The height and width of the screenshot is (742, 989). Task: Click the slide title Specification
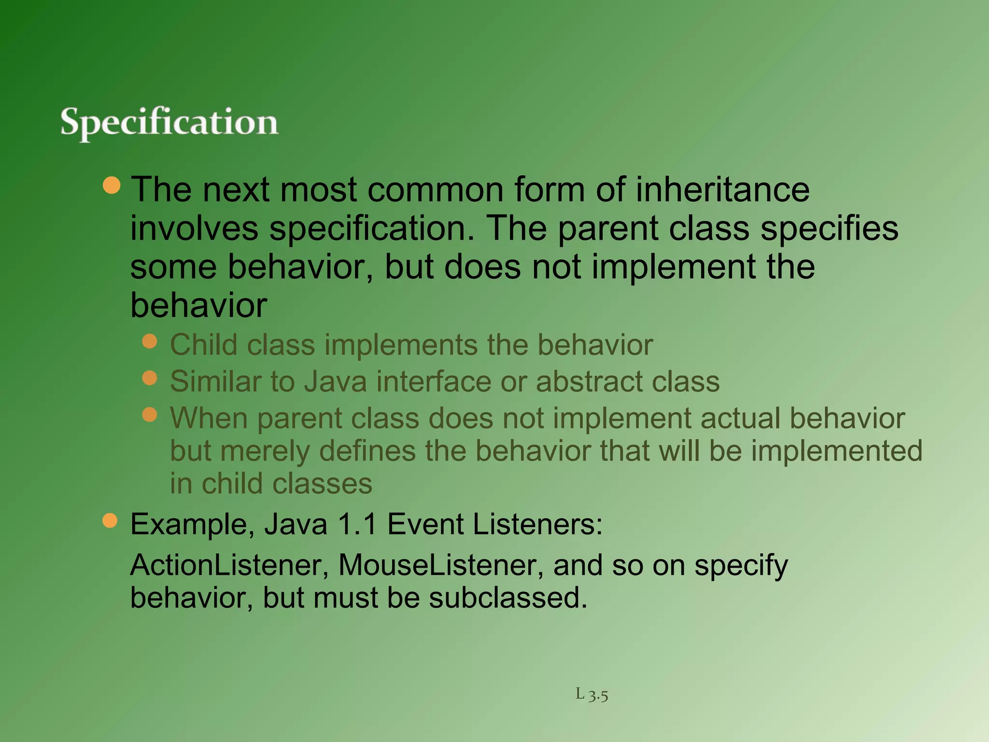pyautogui.click(x=169, y=122)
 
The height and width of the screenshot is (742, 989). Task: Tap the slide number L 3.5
pyautogui.click(x=592, y=695)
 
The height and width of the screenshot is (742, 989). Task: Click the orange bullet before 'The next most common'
pyautogui.click(x=112, y=185)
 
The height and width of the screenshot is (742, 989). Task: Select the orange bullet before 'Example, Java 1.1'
pyautogui.click(x=110, y=521)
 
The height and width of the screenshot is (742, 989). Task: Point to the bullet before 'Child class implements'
pyautogui.click(x=150, y=342)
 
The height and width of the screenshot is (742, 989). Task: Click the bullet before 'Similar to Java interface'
pyautogui.click(x=150, y=378)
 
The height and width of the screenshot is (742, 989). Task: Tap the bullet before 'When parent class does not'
pyautogui.click(x=150, y=414)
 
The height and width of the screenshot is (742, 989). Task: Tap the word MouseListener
pyautogui.click(x=440, y=565)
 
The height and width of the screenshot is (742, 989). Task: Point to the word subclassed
pyautogui.click(x=508, y=598)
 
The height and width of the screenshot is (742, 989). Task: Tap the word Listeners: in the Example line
pyautogui.click(x=538, y=524)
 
